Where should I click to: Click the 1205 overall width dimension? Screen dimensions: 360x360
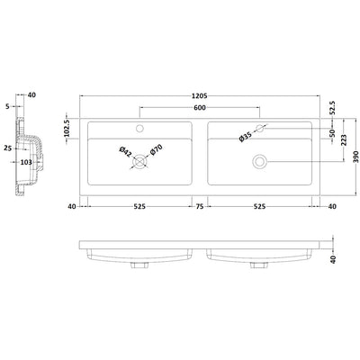pos(200,96)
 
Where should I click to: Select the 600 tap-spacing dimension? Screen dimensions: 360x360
pos(200,108)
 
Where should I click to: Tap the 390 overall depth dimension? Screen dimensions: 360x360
pos(355,157)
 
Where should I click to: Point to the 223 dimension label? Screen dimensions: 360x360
pos(344,140)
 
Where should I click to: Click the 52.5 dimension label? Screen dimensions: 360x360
pos(332,108)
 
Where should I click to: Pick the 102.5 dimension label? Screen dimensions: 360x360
pos(67,129)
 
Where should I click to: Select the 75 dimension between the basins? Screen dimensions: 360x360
pos(200,206)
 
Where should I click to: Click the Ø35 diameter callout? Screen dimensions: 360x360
pos(246,137)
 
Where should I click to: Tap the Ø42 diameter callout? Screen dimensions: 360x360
pos(125,152)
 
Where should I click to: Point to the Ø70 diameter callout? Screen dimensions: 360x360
pos(156,149)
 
